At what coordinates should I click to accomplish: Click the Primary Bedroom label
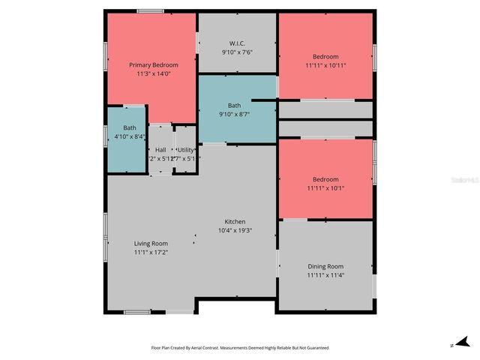(x=151, y=65)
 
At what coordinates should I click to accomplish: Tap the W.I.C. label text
(x=237, y=43)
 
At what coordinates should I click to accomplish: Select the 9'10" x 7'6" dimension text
(x=237, y=52)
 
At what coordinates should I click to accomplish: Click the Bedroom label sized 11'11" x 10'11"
(x=325, y=57)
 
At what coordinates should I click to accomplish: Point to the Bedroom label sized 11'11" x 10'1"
(x=325, y=179)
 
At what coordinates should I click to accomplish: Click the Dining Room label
(x=325, y=266)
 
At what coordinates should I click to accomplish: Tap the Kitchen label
(x=235, y=222)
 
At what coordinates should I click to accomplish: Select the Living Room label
(x=151, y=244)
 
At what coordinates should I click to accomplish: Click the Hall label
(x=160, y=150)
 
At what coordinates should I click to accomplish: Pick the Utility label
(x=185, y=150)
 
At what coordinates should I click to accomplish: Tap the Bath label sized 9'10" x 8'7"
(x=235, y=106)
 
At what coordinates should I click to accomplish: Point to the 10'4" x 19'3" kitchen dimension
(x=235, y=231)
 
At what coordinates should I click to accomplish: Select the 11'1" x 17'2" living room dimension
(x=151, y=253)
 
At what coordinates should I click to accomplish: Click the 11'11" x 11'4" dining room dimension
(x=325, y=275)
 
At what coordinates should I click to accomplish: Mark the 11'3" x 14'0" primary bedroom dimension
(x=151, y=73)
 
